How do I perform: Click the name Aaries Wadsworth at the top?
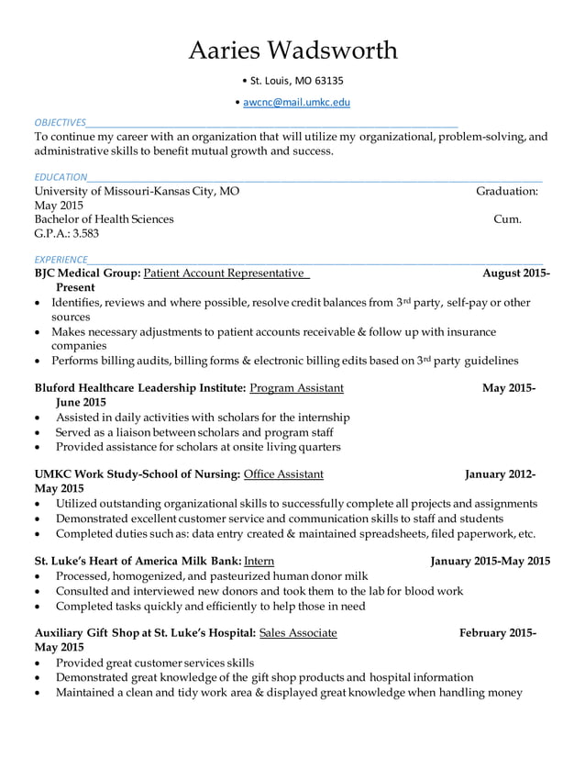tap(292, 50)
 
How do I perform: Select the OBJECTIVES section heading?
tap(60, 122)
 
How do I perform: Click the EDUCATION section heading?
tap(61, 176)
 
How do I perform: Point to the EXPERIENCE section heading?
tap(61, 259)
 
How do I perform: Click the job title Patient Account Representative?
tap(225, 273)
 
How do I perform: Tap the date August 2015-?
tap(516, 273)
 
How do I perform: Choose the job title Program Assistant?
tap(296, 388)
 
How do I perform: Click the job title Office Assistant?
tap(283, 474)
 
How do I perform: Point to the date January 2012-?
tap(501, 474)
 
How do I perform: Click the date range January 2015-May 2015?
tap(491, 561)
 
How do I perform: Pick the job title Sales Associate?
tap(298, 633)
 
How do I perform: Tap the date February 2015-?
tap(498, 633)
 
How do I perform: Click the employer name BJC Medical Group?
tap(86, 273)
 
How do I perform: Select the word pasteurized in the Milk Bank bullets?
tap(228, 575)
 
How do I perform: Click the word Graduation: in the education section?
tap(506, 191)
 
